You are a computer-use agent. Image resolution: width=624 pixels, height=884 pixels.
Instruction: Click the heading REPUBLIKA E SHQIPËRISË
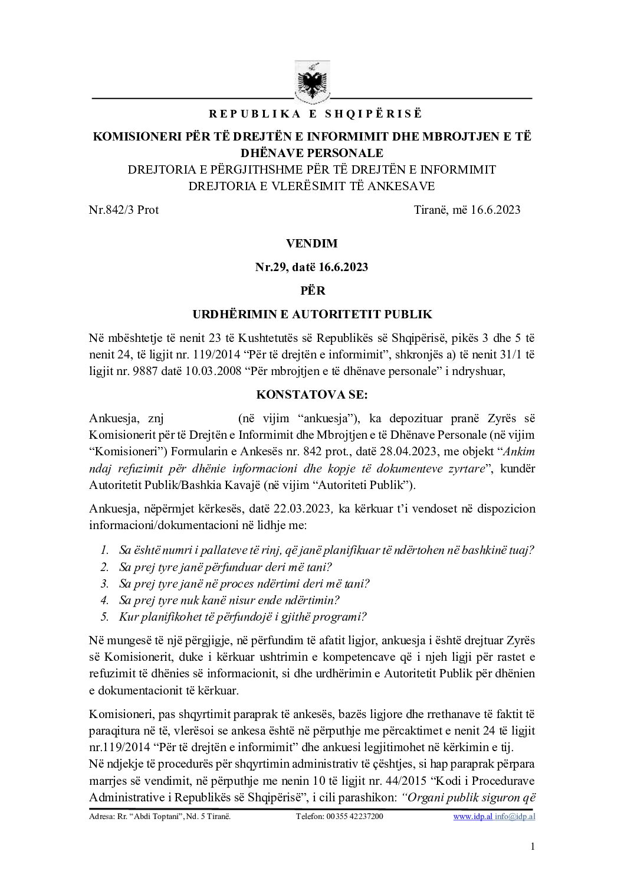pyautogui.click(x=312, y=113)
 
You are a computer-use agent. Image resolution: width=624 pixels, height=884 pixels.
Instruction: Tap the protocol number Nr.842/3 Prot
pyautogui.click(x=123, y=210)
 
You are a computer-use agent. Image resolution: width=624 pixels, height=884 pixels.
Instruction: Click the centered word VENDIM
pyautogui.click(x=311, y=243)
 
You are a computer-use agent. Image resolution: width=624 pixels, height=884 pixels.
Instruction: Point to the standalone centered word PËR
pyautogui.click(x=311, y=291)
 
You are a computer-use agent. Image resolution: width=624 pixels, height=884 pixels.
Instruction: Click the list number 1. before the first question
pyautogui.click(x=104, y=550)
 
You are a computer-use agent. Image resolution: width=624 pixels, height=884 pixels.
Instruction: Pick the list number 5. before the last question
pyautogui.click(x=104, y=617)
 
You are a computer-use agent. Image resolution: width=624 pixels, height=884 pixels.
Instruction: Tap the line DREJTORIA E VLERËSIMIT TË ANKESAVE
pyautogui.click(x=311, y=186)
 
